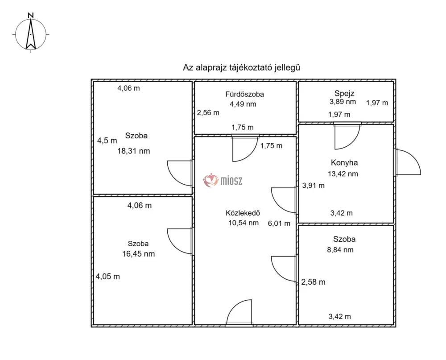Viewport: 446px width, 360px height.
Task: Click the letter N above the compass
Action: click(31, 15)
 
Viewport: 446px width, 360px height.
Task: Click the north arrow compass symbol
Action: click(31, 34)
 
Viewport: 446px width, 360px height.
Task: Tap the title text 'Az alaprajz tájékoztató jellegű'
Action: click(241, 68)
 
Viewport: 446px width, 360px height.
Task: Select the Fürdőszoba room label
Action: click(244, 94)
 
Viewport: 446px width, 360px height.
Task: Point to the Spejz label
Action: click(344, 93)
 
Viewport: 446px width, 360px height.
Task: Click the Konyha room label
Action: click(344, 163)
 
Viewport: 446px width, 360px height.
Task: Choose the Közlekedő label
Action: click(243, 213)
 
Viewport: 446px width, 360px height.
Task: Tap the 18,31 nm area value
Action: click(134, 151)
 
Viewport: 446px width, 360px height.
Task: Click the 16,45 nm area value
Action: click(139, 254)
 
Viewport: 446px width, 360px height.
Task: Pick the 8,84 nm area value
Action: click(340, 250)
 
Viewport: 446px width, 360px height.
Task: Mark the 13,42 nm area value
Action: click(343, 174)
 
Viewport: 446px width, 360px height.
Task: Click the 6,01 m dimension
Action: click(279, 223)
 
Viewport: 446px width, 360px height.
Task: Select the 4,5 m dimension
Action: click(107, 141)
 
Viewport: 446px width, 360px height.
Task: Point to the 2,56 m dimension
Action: click(208, 113)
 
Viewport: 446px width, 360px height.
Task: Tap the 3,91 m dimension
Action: click(313, 186)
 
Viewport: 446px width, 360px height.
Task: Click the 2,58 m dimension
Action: click(313, 282)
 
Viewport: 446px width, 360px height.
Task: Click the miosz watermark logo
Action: click(223, 180)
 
